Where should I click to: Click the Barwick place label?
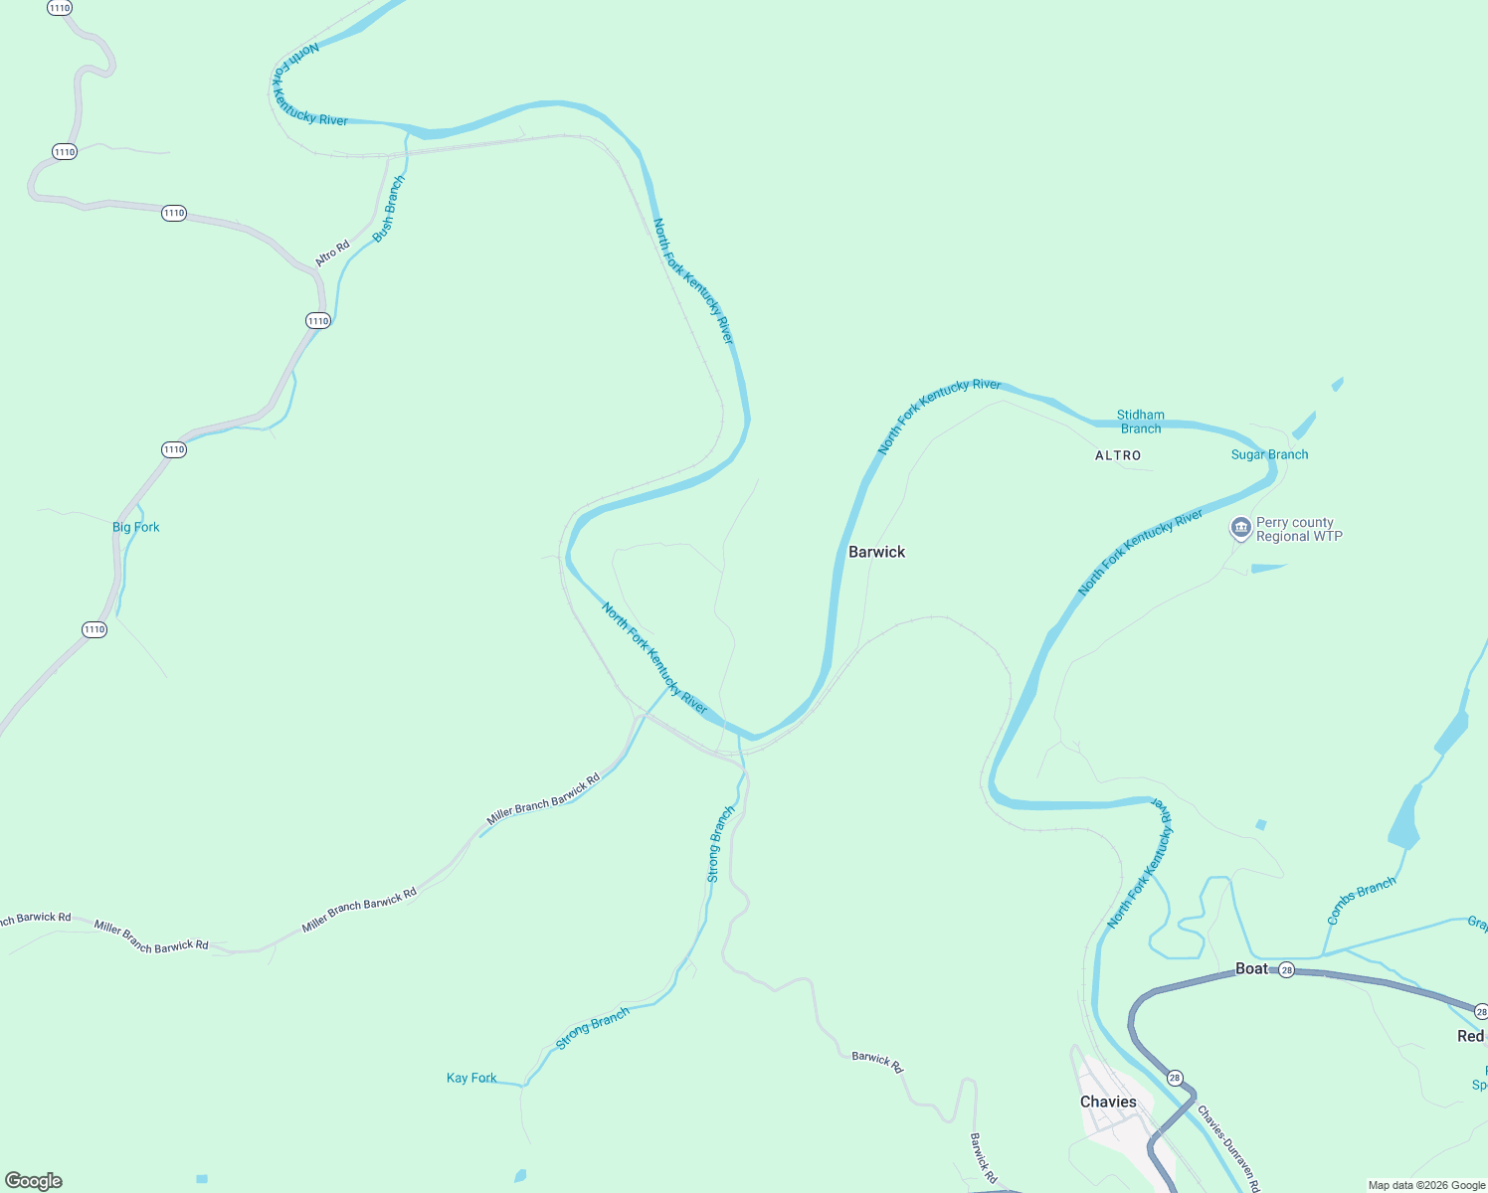tap(876, 552)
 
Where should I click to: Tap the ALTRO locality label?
tap(1118, 455)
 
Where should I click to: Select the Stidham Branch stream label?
tap(1140, 422)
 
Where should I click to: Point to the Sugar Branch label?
tap(1269, 454)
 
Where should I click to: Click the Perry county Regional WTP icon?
tap(1240, 528)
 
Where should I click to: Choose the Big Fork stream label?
tap(135, 527)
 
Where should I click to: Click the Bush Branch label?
tap(389, 209)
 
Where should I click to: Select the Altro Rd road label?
tap(332, 253)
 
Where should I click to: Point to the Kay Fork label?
tap(471, 1078)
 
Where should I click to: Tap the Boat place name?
tap(1251, 968)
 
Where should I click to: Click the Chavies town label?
tap(1108, 1102)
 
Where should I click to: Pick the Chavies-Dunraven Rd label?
tap(1228, 1147)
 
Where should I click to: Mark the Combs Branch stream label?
tap(1361, 900)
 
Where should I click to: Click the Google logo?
tap(34, 1181)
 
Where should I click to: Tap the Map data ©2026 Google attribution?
tap(1426, 1185)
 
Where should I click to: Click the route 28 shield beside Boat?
tap(1286, 969)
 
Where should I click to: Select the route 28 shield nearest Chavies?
tap(1175, 1078)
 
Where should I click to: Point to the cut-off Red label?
tap(1470, 1036)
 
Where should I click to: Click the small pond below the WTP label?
tap(1267, 568)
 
